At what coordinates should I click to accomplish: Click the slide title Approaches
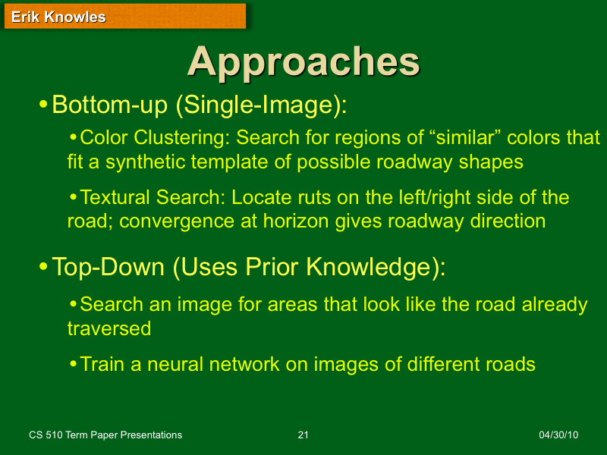(303, 62)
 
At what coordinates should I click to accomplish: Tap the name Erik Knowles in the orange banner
(58, 17)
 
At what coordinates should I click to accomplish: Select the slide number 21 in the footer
(303, 435)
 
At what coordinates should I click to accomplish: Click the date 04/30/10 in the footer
(558, 435)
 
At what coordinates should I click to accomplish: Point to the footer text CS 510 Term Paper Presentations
(105, 435)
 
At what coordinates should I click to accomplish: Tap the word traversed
(109, 328)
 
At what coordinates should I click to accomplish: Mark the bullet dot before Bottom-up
(43, 103)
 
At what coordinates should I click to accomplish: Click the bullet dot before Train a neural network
(73, 364)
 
